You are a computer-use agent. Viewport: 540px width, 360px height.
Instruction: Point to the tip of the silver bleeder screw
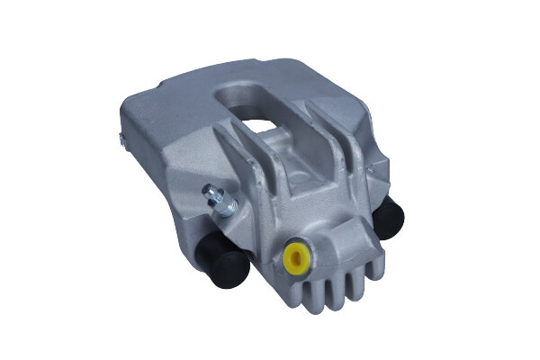[x=208, y=190]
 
